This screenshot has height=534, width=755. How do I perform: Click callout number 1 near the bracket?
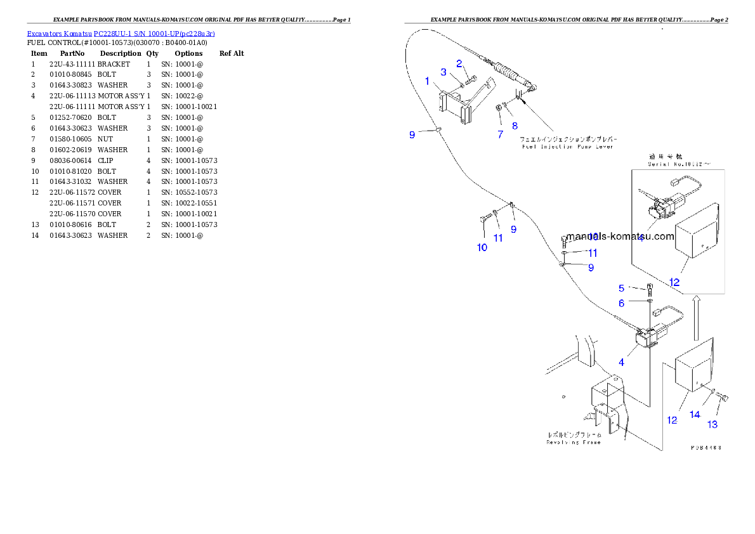(427, 81)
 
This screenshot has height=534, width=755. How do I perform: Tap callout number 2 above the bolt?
(459, 63)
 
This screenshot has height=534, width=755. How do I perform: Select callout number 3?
(444, 72)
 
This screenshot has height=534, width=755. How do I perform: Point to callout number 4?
(622, 362)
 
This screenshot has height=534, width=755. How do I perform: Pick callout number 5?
(622, 288)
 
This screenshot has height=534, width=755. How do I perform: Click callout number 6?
(622, 303)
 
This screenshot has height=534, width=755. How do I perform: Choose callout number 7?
(500, 134)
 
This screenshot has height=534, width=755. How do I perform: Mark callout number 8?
(515, 126)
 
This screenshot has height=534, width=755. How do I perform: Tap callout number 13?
(713, 424)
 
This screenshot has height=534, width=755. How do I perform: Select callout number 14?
(695, 414)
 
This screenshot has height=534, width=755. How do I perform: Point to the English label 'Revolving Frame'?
(574, 442)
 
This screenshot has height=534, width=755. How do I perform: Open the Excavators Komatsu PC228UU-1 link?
(121, 33)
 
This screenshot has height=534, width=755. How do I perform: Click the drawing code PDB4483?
(706, 447)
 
